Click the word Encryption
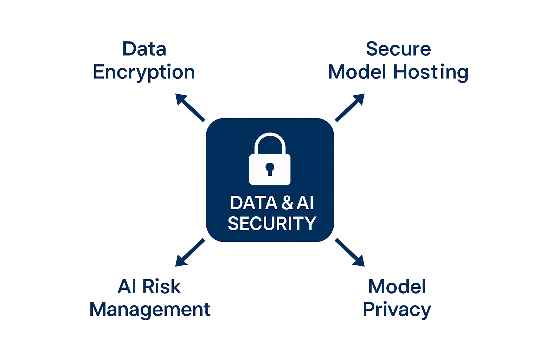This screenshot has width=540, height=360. tap(144, 72)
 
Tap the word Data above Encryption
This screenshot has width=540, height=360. tap(144, 49)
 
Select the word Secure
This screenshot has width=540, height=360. tap(398, 49)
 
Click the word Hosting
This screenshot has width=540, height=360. tap(431, 72)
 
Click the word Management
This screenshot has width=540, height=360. tap(150, 310)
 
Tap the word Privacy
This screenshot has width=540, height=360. tap(397, 310)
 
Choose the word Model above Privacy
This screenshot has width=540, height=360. tap(397, 287)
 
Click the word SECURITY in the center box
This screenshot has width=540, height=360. tap(272, 224)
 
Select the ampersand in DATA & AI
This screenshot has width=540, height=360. tap(287, 203)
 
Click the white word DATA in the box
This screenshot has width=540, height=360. tap(253, 203)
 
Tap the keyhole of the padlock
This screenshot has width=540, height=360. tap(270, 168)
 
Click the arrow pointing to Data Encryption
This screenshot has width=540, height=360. tap(189, 107)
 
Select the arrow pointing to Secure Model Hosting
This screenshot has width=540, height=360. tap(350, 107)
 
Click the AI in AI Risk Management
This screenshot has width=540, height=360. tap(127, 287)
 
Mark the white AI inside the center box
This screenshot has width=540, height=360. tap(305, 203)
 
